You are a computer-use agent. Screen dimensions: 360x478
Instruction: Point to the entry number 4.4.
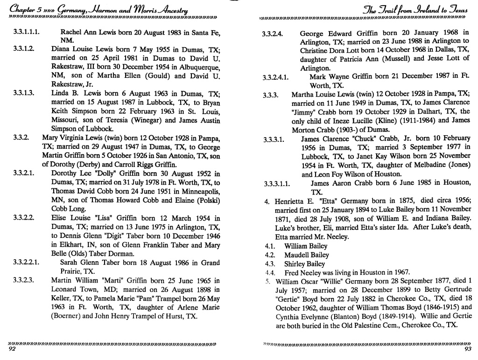tap(269, 272)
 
